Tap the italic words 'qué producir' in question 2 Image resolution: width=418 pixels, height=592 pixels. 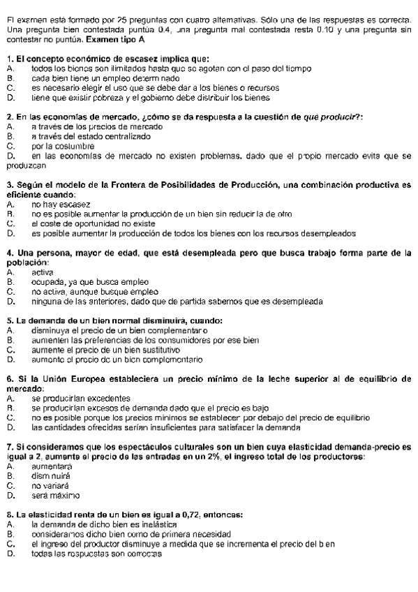click(337, 117)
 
